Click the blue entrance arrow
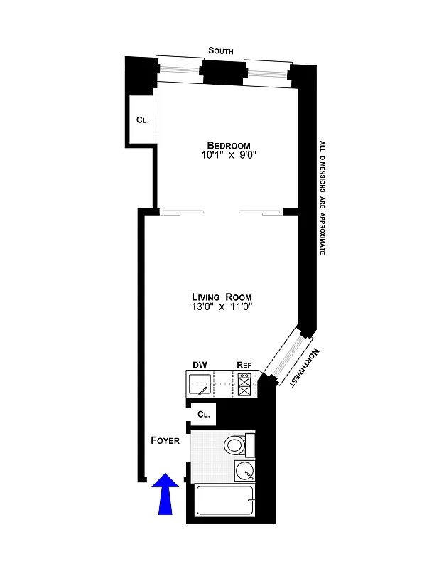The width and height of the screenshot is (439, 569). tap(166, 494)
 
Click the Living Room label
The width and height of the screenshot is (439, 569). tap(222, 297)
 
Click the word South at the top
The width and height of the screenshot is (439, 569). tap(221, 50)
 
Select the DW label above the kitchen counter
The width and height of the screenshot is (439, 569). tap(200, 365)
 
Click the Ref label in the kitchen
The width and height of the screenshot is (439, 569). tap(244, 365)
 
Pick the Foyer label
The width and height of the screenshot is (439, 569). tap(165, 440)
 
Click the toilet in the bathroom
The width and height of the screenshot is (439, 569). tap(235, 446)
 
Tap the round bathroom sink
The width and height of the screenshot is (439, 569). tap(244, 470)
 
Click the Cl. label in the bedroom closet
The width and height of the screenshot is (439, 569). tap(142, 119)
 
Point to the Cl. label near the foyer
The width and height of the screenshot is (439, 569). tap(204, 414)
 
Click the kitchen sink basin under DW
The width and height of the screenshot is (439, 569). tap(200, 385)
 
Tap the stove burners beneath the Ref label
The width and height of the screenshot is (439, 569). tap(244, 385)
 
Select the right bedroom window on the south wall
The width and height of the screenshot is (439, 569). tap(267, 72)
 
